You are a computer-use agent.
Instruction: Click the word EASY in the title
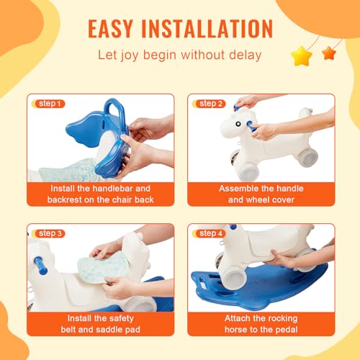(x=117, y=28)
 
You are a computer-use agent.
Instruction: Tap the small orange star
(x=329, y=53)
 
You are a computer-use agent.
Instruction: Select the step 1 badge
(x=48, y=104)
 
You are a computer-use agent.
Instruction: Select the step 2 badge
(x=210, y=104)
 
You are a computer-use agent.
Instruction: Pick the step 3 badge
(x=48, y=233)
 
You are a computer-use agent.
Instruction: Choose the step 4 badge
(x=210, y=233)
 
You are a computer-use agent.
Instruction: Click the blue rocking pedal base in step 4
(x=259, y=284)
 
